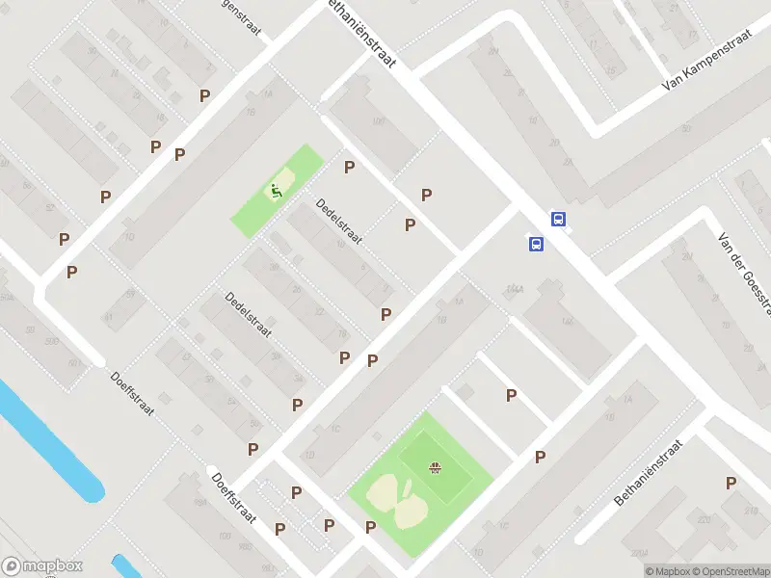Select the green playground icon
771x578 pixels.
[278, 191]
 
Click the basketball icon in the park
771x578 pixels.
[435, 468]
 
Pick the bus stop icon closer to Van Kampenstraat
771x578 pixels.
[558, 219]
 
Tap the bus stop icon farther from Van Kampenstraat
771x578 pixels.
[536, 244]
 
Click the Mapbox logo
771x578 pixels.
[42, 566]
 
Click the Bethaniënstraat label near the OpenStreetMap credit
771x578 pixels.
[648, 474]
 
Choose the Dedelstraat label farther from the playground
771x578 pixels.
[248, 315]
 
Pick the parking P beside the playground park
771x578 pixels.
[349, 167]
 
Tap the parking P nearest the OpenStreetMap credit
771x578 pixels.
[731, 483]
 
